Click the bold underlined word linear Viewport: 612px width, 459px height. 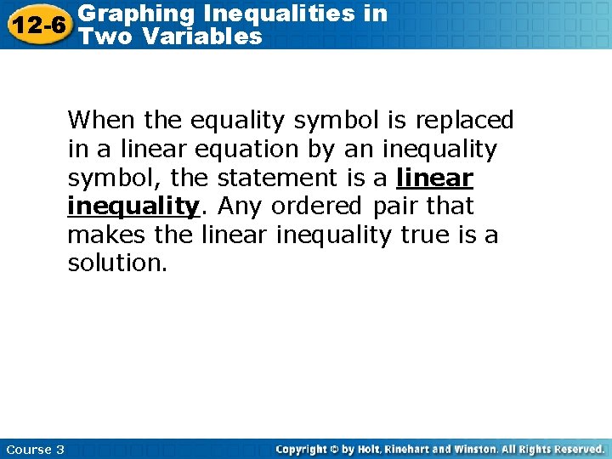434,178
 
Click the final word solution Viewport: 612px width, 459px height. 117,263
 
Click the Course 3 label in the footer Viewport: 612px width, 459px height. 35,449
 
